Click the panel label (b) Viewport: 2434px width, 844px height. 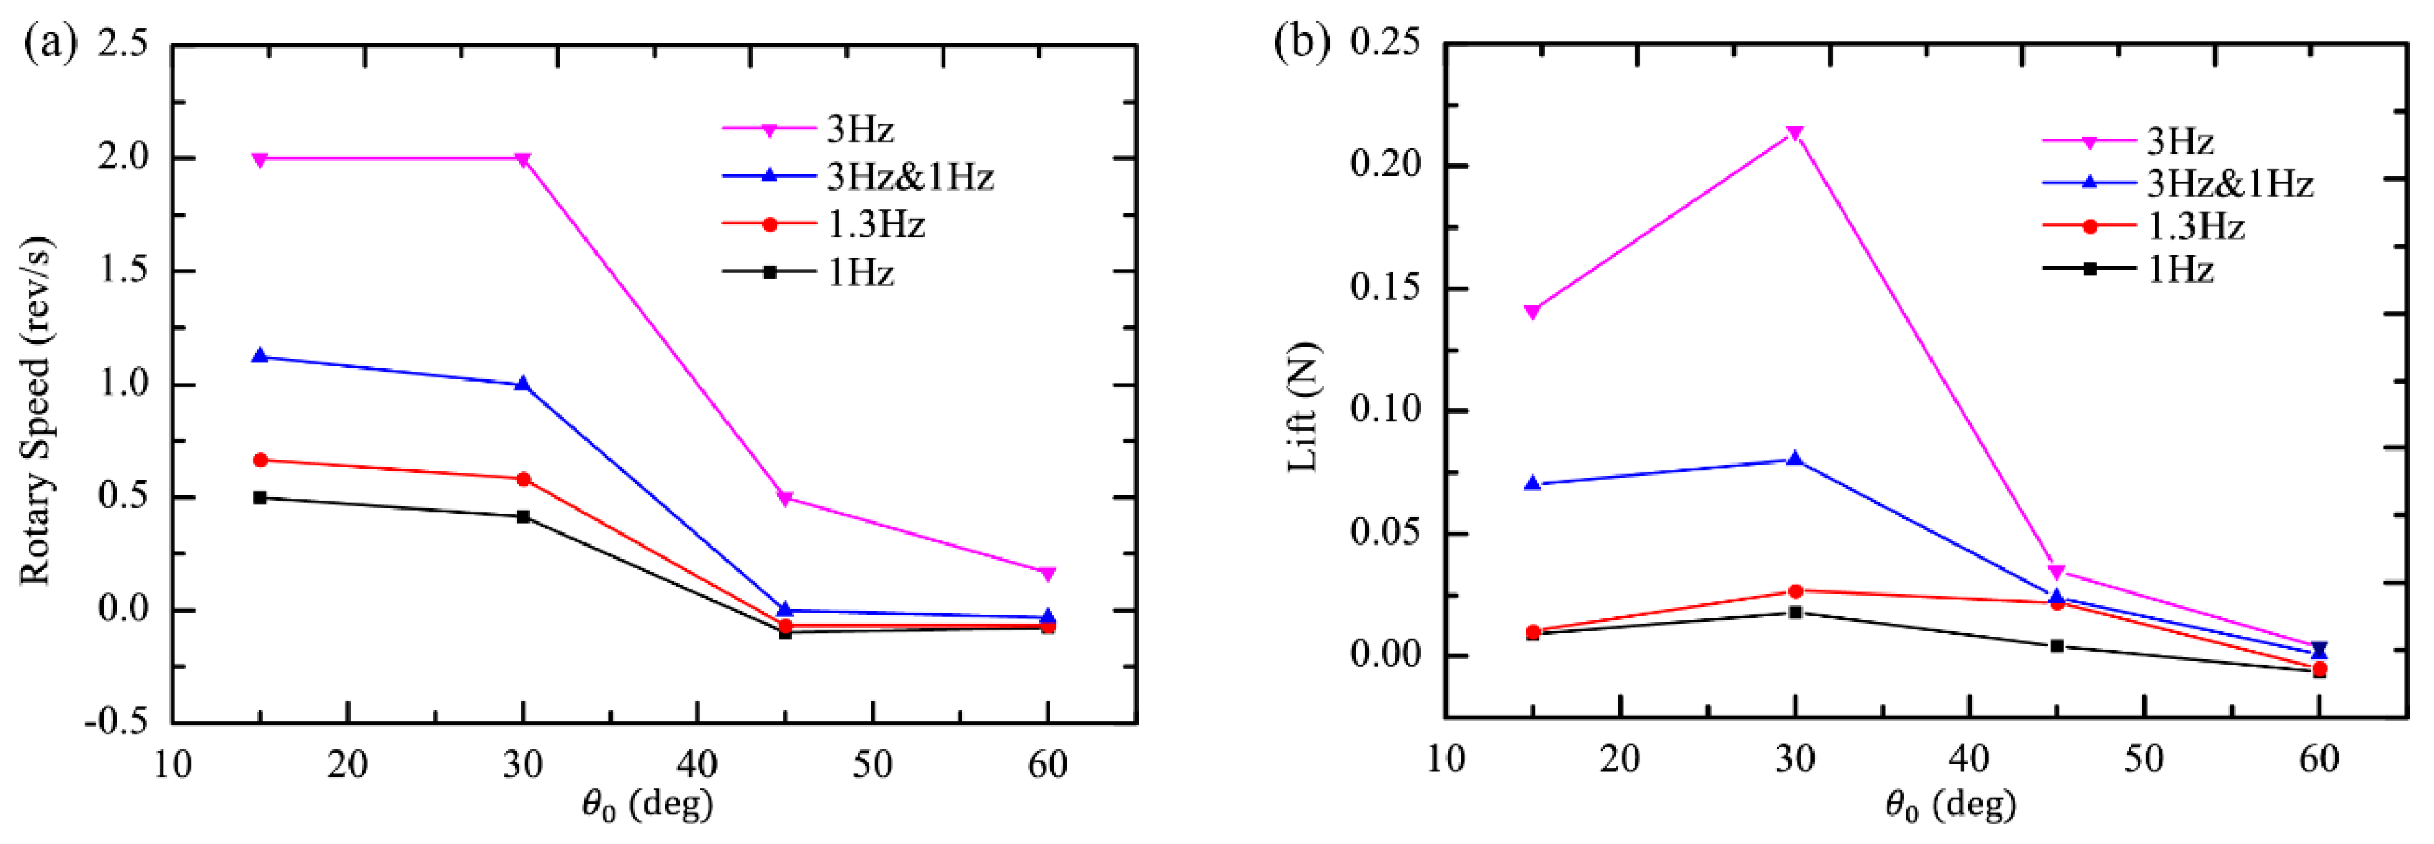click(x=1301, y=43)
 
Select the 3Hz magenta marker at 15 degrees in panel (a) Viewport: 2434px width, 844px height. click(x=260, y=159)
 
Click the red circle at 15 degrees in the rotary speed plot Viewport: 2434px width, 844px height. click(x=260, y=460)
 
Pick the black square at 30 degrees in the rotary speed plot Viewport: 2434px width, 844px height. click(x=523, y=517)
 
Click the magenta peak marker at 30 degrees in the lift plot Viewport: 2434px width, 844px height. click(x=1795, y=133)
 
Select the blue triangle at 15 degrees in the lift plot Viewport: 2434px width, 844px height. click(x=1533, y=483)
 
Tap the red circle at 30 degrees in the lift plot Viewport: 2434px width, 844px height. click(x=1795, y=591)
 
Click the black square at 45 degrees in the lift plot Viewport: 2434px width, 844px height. click(x=2057, y=646)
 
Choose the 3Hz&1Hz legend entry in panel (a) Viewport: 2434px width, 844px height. click(x=909, y=177)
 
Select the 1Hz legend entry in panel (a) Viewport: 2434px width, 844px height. click(x=860, y=272)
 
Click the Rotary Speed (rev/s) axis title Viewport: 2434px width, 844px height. click(x=35, y=411)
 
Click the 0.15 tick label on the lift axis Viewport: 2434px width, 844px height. click(x=1384, y=288)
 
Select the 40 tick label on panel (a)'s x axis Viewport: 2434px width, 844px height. click(x=697, y=764)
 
